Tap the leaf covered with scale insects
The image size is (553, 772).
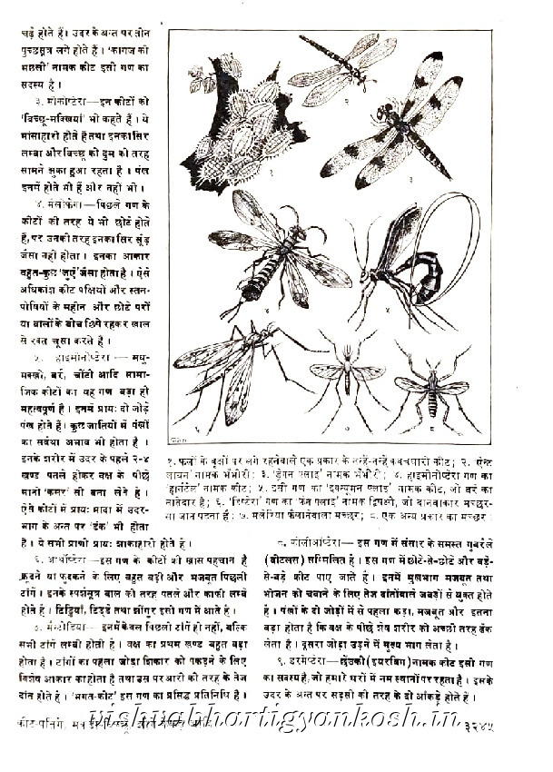(232, 127)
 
